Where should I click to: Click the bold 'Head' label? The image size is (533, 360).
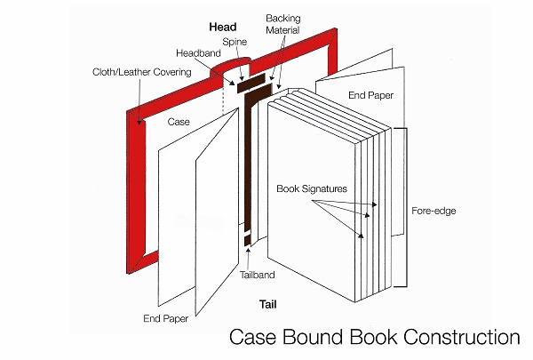[x=221, y=26]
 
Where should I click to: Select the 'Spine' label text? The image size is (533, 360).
[x=235, y=41]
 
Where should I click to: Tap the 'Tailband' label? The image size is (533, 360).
[x=258, y=275]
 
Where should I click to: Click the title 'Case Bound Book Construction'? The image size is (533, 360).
[x=373, y=338]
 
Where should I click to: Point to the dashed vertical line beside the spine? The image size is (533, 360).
[x=222, y=111]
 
